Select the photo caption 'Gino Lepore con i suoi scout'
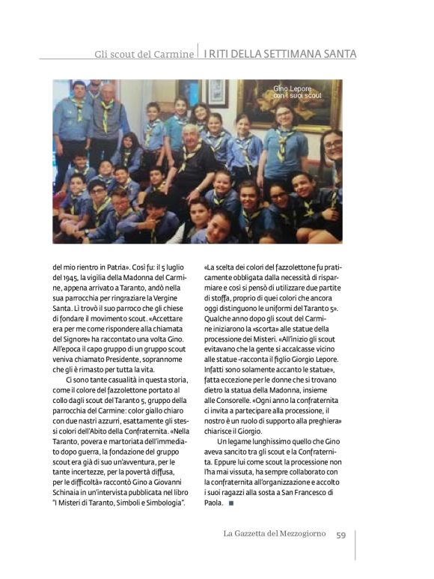[297, 92]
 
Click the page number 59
[340, 535]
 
